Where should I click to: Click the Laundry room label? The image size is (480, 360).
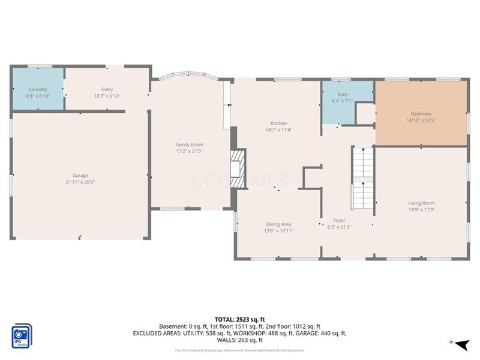38,89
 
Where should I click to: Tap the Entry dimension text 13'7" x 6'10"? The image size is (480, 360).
107,96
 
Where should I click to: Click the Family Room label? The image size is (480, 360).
189,145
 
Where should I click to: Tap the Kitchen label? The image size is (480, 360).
278,123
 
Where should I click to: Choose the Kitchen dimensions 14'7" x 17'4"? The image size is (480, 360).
278,130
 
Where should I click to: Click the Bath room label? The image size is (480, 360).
342,94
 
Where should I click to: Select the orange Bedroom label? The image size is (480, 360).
421,113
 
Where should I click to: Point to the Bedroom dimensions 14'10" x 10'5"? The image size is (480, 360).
421,120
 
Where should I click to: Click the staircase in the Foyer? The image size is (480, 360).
362,178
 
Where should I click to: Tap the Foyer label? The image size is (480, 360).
339,220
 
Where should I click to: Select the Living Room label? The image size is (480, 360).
421,203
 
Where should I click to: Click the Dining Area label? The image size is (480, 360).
278,224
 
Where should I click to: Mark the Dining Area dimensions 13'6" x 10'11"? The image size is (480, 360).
278,231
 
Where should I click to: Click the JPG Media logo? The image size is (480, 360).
22,336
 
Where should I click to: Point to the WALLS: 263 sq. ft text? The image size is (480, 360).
239,340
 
